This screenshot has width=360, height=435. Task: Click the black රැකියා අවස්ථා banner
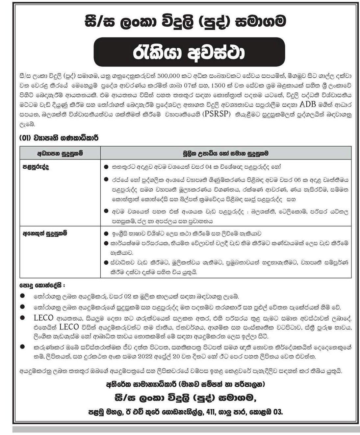tap(189, 53)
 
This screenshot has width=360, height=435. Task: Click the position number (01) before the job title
tap(25, 138)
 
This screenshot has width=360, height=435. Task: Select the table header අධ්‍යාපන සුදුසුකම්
tap(60, 153)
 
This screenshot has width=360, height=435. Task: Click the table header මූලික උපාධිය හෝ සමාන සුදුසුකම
tap(226, 153)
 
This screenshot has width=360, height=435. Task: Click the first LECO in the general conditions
tap(43, 318)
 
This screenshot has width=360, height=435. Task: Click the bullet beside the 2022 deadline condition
tap(22, 347)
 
